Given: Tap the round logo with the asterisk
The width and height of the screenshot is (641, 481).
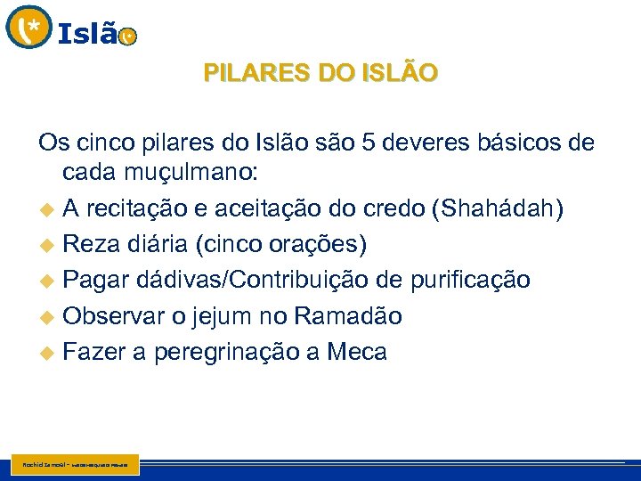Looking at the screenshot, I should pyautogui.click(x=28, y=27).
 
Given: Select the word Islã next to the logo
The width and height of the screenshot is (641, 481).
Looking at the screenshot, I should pyautogui.click(x=87, y=34).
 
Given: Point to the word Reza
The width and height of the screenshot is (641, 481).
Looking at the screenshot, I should pyautogui.click(x=95, y=244).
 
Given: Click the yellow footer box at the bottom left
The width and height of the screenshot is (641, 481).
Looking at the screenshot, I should pyautogui.click(x=77, y=464).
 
